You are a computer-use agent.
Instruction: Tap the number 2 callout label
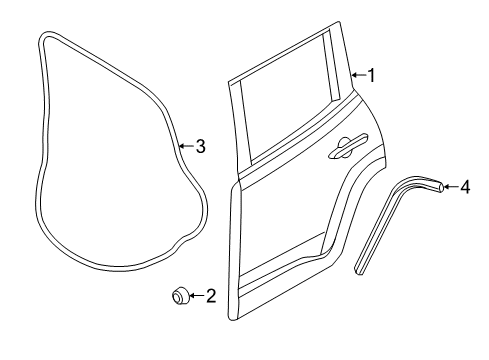coord(210,295)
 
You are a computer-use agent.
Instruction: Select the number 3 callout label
coord(200,147)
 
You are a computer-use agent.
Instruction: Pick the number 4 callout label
coord(464,186)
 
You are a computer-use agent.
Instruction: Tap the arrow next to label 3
coord(186,147)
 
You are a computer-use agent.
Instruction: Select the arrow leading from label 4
coord(449,186)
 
